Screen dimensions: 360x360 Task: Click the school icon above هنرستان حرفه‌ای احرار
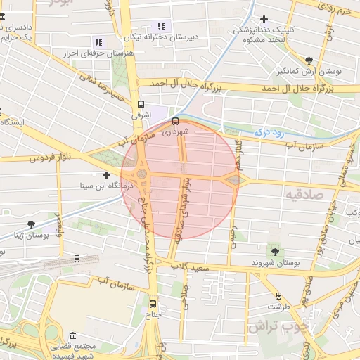[98, 42]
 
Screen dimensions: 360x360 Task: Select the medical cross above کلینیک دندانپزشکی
[264, 19]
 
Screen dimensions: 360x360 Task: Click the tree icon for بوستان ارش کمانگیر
[309, 60]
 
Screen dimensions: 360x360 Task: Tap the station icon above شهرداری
[175, 120]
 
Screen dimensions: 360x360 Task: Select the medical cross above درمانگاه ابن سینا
[106, 175]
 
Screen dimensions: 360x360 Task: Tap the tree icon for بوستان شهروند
[274, 251]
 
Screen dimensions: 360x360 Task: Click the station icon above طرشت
[279, 296]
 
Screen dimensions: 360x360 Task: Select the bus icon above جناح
[153, 304]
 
